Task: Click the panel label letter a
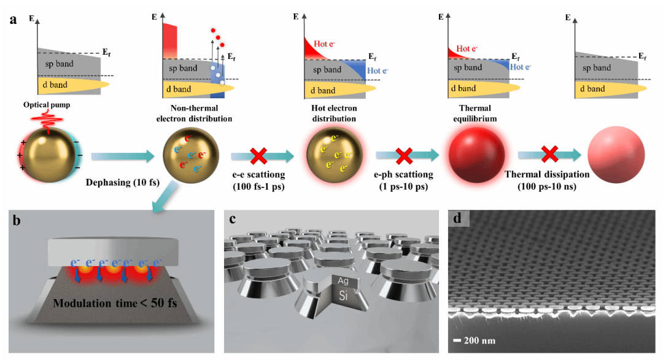click(x=14, y=19)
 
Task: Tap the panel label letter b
click(x=19, y=220)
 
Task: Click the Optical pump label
click(x=47, y=105)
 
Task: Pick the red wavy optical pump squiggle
click(x=48, y=119)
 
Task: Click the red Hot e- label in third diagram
click(x=325, y=44)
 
